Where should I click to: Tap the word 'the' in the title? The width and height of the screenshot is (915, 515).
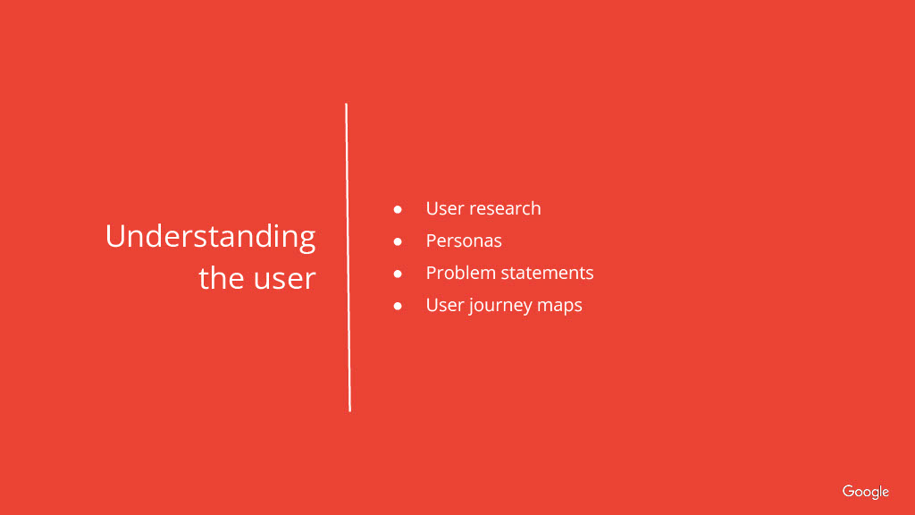[222, 277]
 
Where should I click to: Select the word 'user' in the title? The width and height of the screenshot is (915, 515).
[285, 280]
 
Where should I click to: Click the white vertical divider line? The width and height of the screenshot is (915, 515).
[348, 257]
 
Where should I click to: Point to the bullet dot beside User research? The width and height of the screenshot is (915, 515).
[398, 209]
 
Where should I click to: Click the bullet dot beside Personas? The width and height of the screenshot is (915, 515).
[398, 241]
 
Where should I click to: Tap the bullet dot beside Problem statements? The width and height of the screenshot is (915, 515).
[398, 274]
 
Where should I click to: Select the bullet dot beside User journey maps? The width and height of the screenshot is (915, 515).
[398, 306]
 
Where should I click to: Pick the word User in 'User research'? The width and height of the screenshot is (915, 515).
[445, 208]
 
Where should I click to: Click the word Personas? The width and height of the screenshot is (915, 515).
[464, 241]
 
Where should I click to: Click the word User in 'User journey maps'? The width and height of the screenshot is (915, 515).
[445, 305]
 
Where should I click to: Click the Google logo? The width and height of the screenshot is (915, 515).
[865, 493]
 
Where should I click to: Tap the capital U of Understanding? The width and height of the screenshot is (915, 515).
[115, 236]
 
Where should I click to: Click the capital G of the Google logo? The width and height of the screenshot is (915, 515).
[849, 491]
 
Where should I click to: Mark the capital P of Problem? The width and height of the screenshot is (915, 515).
[432, 273]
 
